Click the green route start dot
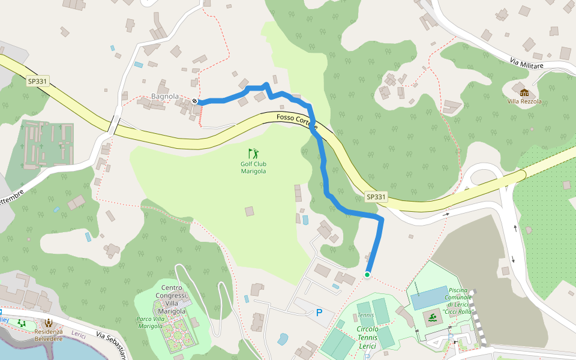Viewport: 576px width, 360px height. pos(367,274)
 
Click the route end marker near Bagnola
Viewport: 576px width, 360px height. pos(195,101)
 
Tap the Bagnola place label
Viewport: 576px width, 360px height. pos(165,96)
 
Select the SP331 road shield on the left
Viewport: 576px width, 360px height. pos(37,81)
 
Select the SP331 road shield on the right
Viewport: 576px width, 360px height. pos(376,196)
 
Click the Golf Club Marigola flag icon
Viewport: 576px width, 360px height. pos(253,153)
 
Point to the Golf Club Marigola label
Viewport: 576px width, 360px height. pos(253,167)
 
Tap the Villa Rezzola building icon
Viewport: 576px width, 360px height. pos(524,92)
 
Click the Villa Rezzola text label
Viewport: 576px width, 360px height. pos(524,101)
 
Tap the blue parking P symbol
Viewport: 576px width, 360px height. pos(319,313)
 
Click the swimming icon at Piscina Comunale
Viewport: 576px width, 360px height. pos(433,316)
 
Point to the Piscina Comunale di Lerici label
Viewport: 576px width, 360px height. pos(458,298)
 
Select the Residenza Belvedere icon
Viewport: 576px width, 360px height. pos(49,322)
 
